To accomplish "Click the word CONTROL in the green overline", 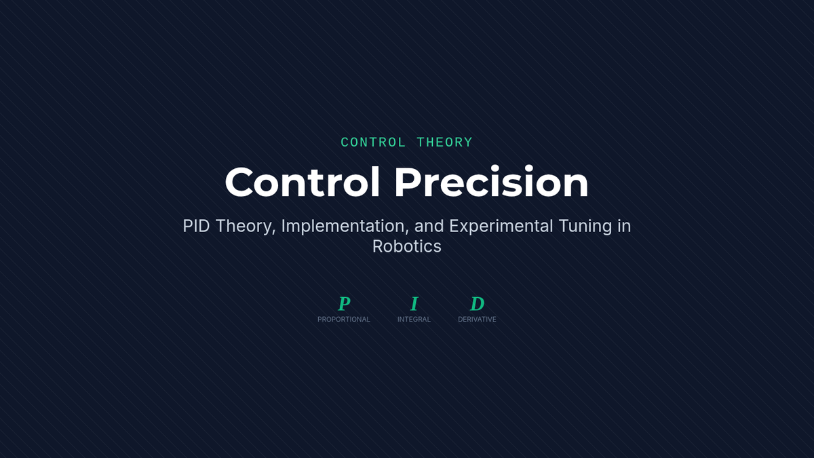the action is pos(373,142).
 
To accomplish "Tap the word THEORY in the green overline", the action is pos(444,142).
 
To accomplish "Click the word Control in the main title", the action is pos(303,182).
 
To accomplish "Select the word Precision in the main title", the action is pos(491,182).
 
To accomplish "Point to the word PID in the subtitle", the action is pos(196,226).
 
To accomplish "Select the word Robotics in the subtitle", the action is pos(406,246).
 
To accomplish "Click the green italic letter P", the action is pos(344,303).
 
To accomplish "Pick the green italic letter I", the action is pos(414,303).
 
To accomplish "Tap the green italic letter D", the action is pos(477,303).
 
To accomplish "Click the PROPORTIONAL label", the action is pos(344,320).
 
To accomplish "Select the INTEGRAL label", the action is pos(414,320).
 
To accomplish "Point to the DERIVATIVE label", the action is pos(477,320).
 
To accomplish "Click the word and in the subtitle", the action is pos(429,226).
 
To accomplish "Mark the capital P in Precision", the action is pos(408,182).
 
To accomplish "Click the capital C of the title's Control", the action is pos(239,182).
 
